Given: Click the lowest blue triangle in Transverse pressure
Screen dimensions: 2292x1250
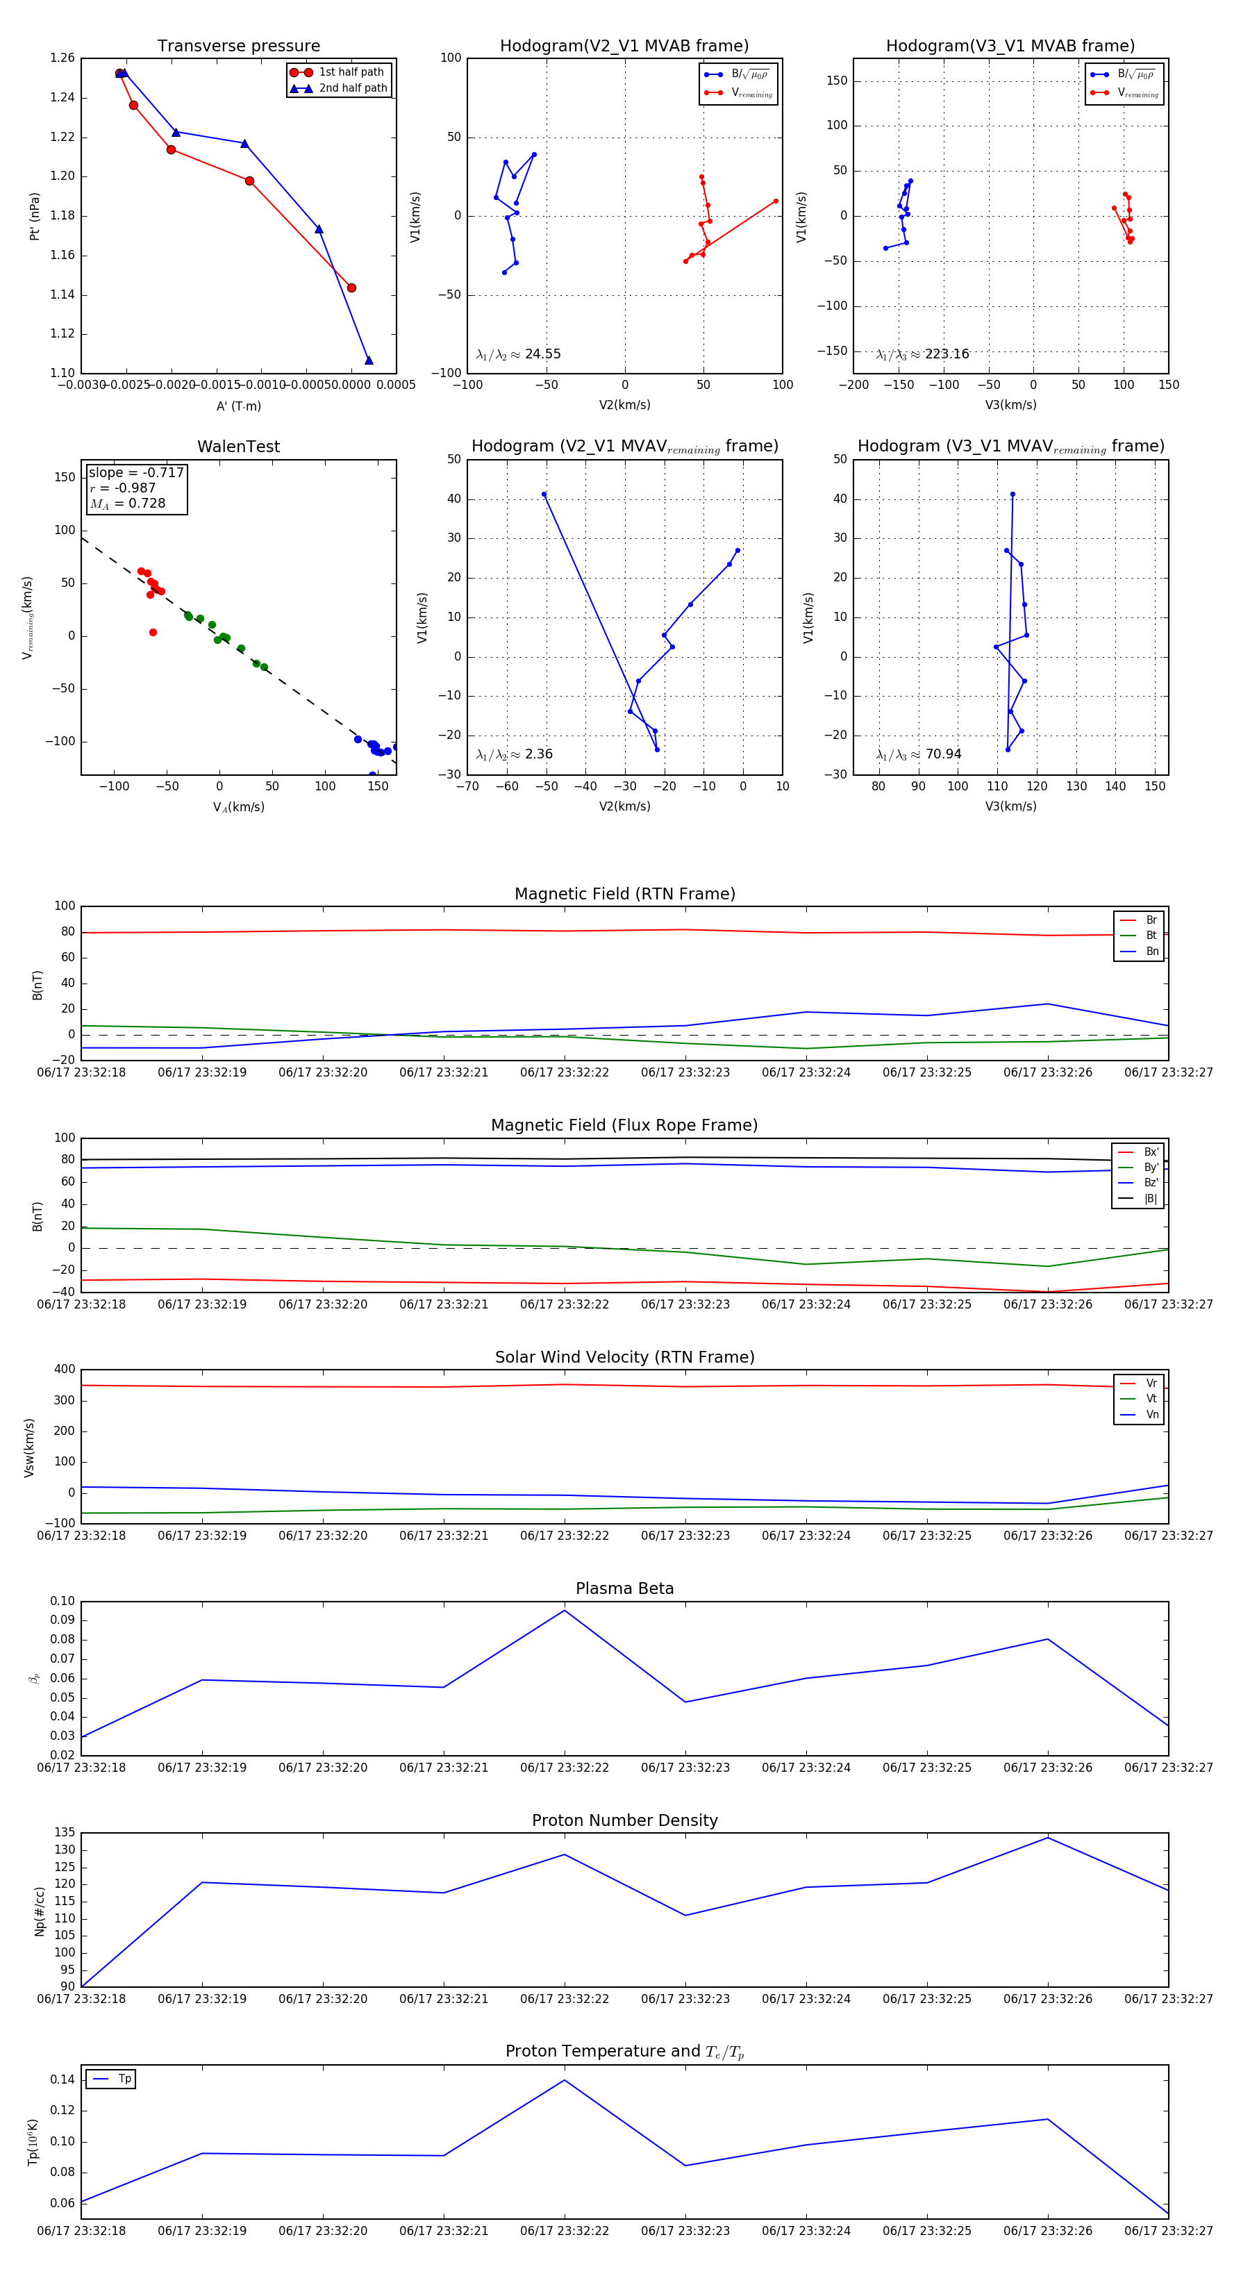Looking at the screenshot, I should pos(368,360).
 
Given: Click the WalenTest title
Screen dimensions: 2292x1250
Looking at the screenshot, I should pos(238,447).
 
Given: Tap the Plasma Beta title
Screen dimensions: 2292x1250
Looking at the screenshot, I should pos(624,1589).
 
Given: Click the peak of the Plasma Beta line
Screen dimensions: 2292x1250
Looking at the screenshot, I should pos(564,1611).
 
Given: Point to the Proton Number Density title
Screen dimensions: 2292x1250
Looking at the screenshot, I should pos(624,1820).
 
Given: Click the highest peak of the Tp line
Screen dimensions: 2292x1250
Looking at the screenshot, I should pos(564,2080).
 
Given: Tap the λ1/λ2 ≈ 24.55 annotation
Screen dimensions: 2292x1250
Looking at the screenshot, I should pos(519,354).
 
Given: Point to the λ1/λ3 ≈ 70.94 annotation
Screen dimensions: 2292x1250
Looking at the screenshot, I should pos(919,754).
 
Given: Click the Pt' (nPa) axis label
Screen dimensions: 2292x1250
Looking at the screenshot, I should pos(35,216).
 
